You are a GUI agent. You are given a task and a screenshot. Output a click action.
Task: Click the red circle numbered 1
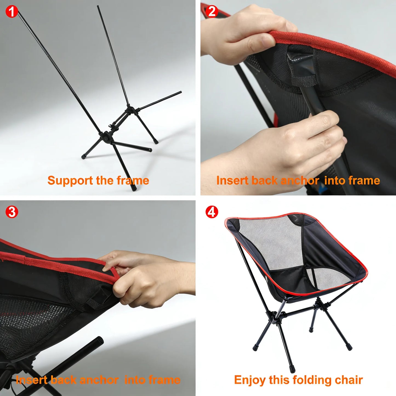click(12, 12)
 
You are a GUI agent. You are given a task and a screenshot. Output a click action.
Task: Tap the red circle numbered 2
click(212, 12)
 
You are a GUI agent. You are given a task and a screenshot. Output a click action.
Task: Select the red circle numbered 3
click(12, 212)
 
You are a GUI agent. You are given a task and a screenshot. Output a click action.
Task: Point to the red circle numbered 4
click(212, 212)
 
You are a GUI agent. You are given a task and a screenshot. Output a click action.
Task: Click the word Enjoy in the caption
click(250, 380)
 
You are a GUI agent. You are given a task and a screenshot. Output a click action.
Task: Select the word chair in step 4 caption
click(349, 380)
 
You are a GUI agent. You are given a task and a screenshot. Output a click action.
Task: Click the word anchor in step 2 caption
click(300, 181)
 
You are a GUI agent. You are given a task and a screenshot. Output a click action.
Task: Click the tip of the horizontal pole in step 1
click(180, 93)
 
